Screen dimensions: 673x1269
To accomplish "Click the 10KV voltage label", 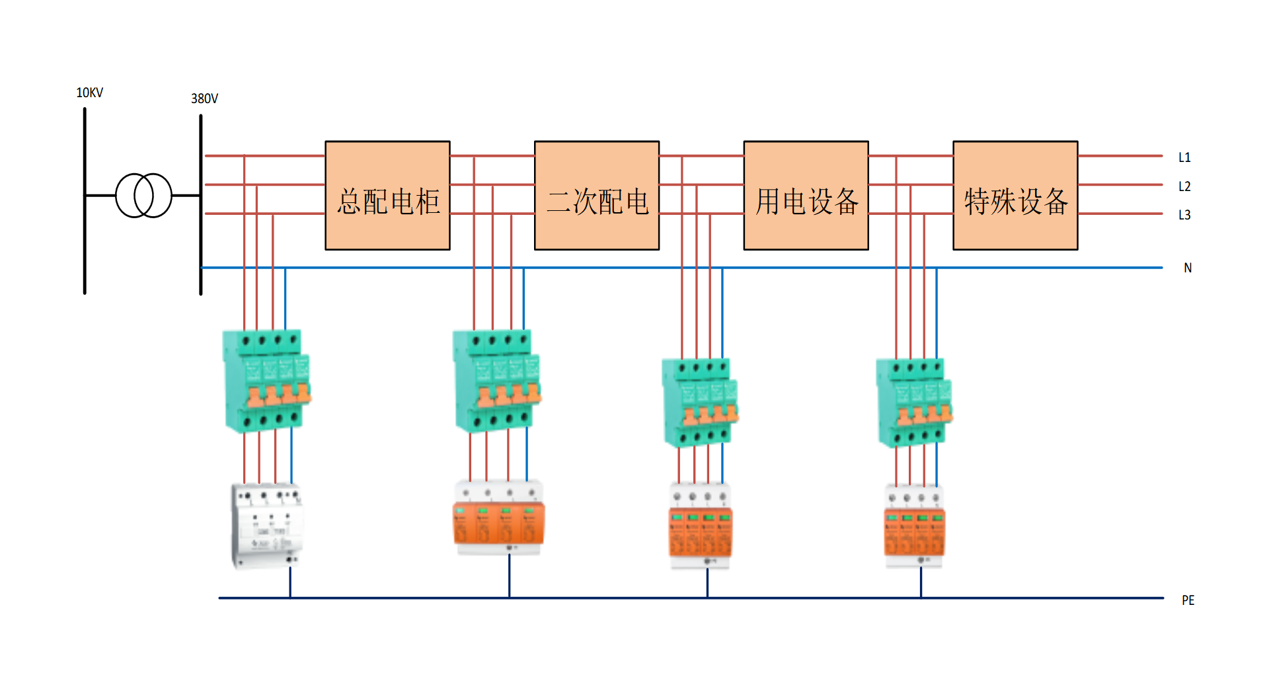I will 90,93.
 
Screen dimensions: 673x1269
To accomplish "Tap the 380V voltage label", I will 204,99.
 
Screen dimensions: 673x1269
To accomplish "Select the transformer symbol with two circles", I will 143,195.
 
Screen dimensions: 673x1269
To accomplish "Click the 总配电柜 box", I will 387,196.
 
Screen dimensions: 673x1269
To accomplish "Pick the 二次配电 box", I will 597,196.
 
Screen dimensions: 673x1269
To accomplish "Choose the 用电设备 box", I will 806,196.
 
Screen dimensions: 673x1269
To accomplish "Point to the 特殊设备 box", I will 1015,196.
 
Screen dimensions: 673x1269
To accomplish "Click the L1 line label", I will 1184,157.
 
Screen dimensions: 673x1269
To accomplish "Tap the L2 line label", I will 1184,186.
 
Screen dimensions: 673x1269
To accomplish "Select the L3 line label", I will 1184,215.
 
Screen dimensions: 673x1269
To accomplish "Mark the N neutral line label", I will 1188,268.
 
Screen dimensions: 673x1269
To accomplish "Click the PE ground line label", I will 1188,600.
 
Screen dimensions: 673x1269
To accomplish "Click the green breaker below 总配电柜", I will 266,381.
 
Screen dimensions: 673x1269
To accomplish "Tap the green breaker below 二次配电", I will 496,381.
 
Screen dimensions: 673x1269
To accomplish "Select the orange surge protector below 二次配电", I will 499,519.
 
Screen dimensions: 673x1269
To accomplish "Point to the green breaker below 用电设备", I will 699,402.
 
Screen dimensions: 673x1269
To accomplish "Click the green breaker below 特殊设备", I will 913,402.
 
